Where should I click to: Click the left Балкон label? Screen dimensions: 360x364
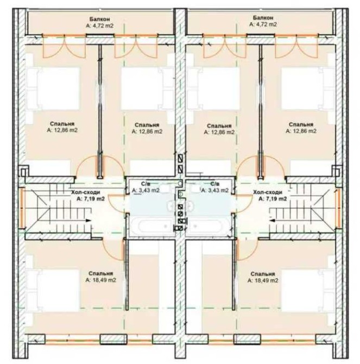tap(100, 19)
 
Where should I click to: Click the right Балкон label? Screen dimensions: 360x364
tap(263, 18)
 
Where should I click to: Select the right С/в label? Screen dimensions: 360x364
tap(214, 184)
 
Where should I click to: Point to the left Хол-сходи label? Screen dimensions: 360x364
tap(86, 192)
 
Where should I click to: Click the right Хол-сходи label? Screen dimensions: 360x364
tap(268, 192)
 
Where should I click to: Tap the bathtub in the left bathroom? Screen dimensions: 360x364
tap(153, 225)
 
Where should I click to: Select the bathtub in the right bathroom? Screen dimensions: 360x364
tap(208, 225)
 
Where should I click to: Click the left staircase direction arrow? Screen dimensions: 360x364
tap(89, 221)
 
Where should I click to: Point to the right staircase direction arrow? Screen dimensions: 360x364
tap(272, 221)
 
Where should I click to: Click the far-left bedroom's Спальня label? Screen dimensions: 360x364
tap(62, 124)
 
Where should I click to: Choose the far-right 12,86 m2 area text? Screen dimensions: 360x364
tap(301, 131)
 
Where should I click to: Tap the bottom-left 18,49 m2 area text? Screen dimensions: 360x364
tap(100, 280)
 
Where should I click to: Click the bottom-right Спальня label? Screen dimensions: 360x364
tap(263, 274)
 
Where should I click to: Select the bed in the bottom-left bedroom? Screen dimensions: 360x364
tap(53, 291)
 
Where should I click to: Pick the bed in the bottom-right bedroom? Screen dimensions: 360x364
tap(308, 291)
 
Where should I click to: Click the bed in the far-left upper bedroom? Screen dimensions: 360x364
tap(53, 89)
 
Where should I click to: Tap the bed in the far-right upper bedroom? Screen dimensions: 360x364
tap(308, 89)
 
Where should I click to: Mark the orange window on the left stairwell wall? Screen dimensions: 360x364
tap(22, 209)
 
